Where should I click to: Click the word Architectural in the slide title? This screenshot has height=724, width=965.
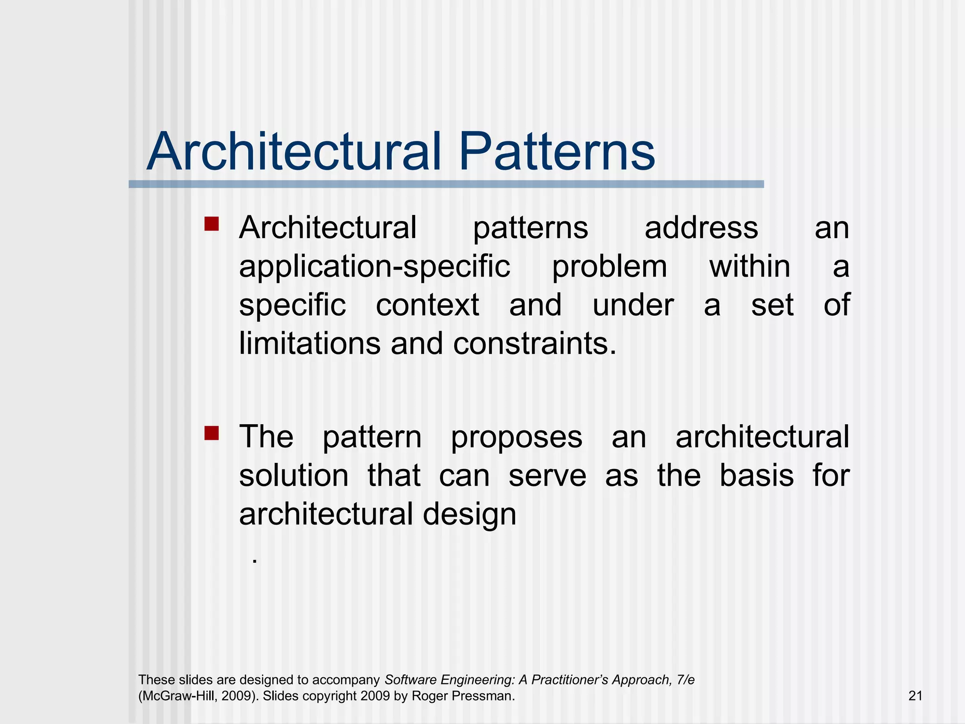point(294,152)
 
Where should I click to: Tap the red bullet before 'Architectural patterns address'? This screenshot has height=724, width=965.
point(212,224)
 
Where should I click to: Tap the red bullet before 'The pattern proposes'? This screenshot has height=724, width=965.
point(212,433)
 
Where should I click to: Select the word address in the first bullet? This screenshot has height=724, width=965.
point(701,228)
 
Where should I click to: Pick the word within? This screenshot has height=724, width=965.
point(750,267)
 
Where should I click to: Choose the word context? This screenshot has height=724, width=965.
point(427,305)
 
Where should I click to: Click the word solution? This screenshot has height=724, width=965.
point(294,476)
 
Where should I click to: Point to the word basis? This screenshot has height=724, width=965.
point(757,476)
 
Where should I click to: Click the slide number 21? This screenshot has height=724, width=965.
point(915,696)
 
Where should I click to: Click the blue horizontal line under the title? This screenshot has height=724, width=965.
point(446,184)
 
